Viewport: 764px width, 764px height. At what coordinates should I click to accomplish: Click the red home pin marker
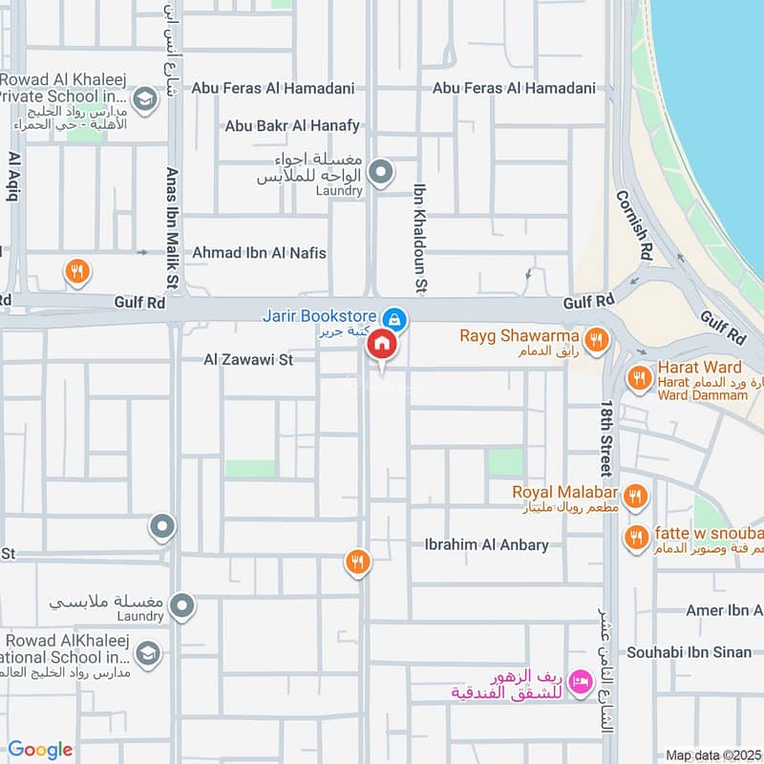pos(381,345)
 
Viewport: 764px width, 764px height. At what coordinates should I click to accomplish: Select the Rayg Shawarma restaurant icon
pos(597,339)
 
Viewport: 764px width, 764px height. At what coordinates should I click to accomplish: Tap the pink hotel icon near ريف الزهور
pos(578,682)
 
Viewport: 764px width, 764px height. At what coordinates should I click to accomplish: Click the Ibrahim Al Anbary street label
pos(487,544)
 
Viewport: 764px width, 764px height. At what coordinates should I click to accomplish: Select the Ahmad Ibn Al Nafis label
pos(259,253)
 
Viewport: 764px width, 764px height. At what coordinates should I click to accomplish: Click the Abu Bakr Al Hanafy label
pos(292,125)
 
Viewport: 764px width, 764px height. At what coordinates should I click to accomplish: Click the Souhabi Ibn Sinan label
pos(689,652)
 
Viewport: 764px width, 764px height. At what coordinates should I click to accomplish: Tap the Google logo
pos(39,750)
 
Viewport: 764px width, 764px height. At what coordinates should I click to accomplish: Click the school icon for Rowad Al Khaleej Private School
pos(144,98)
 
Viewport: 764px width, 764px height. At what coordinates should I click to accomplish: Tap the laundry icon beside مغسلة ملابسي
pos(181,605)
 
